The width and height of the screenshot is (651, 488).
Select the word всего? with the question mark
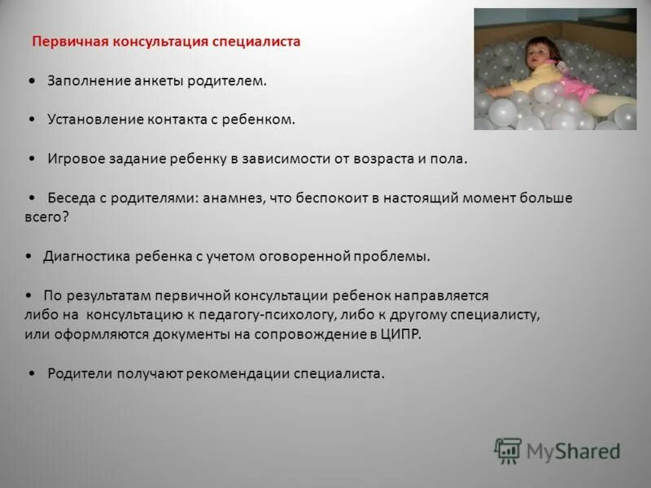47,216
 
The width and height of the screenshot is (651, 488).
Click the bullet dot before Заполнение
30,81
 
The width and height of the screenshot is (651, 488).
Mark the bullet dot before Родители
30,373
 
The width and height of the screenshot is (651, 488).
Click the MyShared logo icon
508,451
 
